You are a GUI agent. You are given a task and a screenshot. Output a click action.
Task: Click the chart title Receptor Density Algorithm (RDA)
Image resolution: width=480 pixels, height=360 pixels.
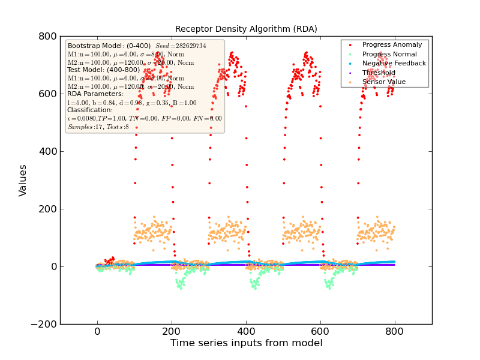point(246,29)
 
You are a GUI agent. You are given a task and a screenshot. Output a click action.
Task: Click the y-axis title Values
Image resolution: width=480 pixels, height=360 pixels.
point(23,180)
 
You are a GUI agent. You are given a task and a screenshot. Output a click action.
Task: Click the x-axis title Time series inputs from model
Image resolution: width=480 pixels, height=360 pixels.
point(246,343)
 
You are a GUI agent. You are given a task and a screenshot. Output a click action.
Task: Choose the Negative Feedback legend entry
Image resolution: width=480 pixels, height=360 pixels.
point(394,63)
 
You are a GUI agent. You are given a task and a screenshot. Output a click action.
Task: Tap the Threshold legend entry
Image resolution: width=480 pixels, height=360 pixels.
point(379,73)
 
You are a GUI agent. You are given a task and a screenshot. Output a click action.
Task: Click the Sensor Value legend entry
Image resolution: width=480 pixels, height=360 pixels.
point(383,82)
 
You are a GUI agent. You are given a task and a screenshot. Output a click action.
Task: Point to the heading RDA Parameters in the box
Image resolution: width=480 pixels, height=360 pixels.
point(95,94)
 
